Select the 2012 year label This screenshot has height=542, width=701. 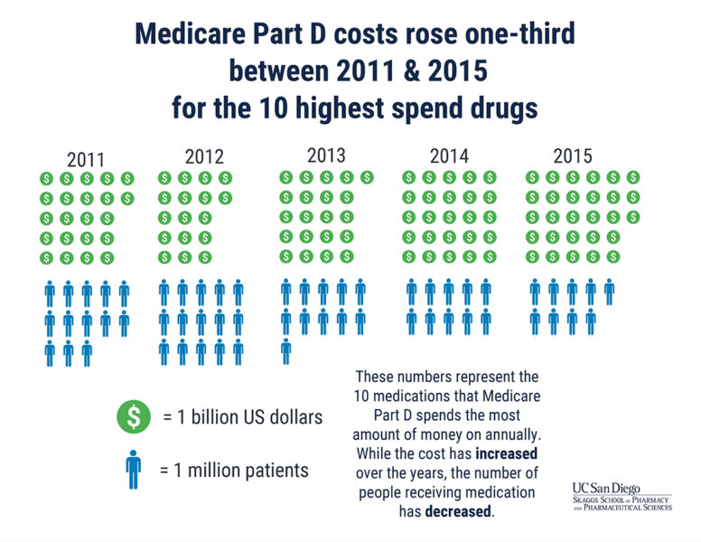click(203, 155)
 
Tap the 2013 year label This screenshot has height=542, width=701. click(326, 154)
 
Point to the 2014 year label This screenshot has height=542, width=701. click(449, 155)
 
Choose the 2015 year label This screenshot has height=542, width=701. click(572, 155)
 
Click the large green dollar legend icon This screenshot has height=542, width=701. click(134, 416)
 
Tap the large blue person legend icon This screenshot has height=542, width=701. click(134, 469)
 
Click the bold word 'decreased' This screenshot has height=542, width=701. click(461, 511)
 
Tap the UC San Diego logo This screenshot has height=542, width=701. click(622, 496)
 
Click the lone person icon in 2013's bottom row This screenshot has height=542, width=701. click(285, 350)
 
